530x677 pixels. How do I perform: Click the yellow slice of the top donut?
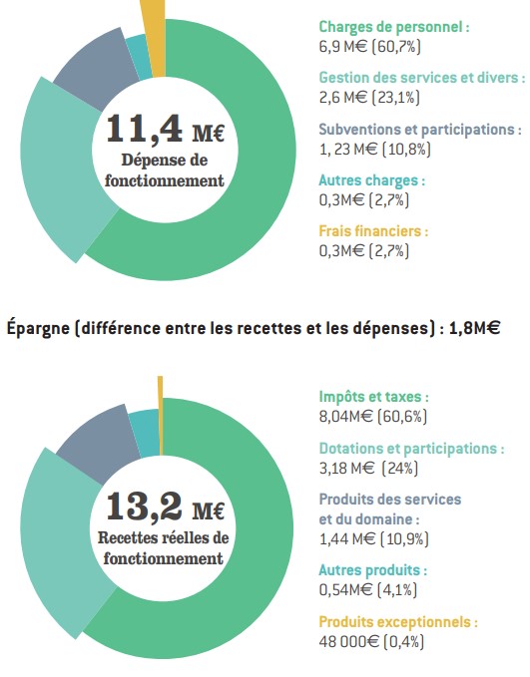(x=158, y=39)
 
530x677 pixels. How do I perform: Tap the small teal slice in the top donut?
(x=139, y=56)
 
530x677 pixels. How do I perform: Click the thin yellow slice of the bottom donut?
(x=161, y=416)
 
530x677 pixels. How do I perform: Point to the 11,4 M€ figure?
(x=165, y=129)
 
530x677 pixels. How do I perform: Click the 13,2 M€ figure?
(x=165, y=507)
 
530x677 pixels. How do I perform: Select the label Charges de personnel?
(x=394, y=27)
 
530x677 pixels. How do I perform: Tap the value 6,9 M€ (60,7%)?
(x=370, y=46)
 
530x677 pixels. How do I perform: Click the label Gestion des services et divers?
(x=422, y=78)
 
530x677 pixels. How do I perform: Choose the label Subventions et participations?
(x=420, y=130)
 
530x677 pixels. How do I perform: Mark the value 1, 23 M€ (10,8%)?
(x=375, y=150)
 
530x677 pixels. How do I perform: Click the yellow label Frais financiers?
(x=373, y=231)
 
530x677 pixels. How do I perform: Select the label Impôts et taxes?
(x=374, y=397)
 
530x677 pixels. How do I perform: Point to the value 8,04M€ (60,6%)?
(x=372, y=416)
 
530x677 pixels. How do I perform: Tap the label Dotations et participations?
(x=411, y=449)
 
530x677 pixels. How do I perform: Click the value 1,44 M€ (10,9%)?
(x=374, y=538)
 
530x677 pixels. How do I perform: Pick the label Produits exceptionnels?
(x=398, y=622)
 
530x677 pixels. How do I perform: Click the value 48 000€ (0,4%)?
(x=371, y=641)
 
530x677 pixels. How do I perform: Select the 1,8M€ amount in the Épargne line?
(x=475, y=329)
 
